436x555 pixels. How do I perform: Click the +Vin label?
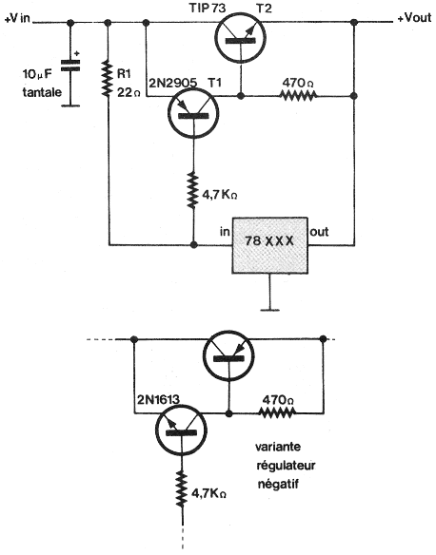click(17, 18)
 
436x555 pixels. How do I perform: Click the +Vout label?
click(414, 18)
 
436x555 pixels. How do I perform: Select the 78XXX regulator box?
click(269, 245)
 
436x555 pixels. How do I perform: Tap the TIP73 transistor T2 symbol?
click(241, 38)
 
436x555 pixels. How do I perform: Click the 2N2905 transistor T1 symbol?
click(193, 113)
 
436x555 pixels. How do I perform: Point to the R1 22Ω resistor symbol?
click(107, 79)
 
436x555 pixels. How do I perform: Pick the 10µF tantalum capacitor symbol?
click(70, 66)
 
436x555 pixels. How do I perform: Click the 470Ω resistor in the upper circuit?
click(298, 96)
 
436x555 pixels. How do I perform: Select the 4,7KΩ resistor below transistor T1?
click(193, 190)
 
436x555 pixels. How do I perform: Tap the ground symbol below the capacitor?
click(70, 105)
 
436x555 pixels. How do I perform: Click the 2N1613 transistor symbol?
click(182, 431)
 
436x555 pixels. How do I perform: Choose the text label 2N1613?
click(158, 399)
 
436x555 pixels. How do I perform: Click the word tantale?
click(42, 92)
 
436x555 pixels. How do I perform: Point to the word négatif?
click(278, 484)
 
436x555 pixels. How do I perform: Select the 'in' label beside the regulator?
click(225, 232)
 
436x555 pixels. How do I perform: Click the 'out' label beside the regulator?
click(319, 232)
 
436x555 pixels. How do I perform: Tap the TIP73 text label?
click(207, 8)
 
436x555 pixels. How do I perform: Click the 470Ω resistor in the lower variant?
click(276, 412)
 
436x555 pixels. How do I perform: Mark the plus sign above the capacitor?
click(77, 53)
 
